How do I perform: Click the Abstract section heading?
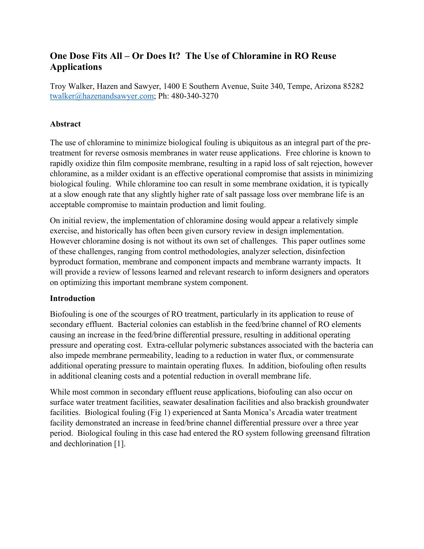click(x=65, y=124)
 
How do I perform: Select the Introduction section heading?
click(x=72, y=298)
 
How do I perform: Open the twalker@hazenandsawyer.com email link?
click(x=102, y=96)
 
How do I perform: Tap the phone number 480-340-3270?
click(x=195, y=96)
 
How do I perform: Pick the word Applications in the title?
click(x=76, y=67)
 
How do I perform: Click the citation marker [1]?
click(x=119, y=443)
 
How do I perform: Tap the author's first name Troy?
click(x=58, y=86)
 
